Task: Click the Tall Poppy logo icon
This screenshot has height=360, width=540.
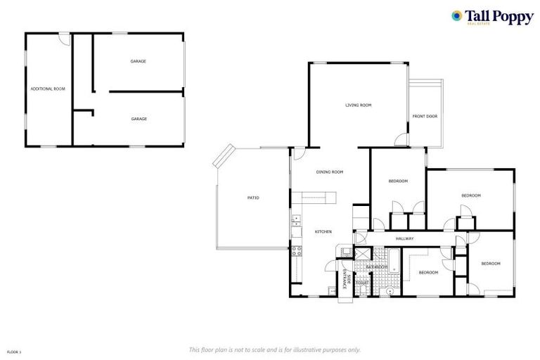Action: tap(457, 15)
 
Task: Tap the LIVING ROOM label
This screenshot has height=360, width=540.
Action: tap(358, 105)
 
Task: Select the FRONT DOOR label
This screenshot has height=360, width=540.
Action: tap(425, 116)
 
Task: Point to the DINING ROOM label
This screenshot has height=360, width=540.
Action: tap(329, 172)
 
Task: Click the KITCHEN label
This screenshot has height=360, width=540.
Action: tap(323, 232)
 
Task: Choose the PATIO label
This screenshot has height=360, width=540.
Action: tap(253, 198)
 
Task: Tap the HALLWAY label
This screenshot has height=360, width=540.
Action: tap(404, 238)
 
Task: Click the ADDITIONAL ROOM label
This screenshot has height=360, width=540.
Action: tap(47, 89)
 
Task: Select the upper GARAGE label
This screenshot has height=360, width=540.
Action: tap(138, 61)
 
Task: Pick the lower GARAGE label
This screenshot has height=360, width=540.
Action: tap(139, 119)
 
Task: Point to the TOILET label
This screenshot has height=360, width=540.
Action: tap(362, 283)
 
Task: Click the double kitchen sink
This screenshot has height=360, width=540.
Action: tap(296, 224)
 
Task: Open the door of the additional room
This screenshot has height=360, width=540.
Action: tap(64, 39)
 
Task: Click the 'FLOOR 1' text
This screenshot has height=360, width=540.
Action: tap(13, 350)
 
